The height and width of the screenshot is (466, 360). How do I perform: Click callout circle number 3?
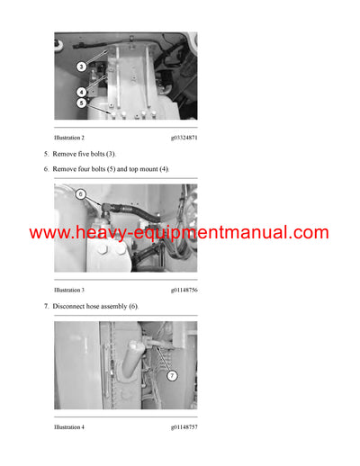80,67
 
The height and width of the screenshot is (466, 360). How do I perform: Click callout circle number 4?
80,92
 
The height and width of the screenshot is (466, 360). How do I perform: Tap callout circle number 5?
80,103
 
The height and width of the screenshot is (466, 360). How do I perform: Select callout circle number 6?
79,193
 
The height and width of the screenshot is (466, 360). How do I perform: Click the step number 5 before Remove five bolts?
46,154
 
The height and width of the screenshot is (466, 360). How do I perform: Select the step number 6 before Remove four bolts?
46,168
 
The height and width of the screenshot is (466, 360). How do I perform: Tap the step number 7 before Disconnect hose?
46,307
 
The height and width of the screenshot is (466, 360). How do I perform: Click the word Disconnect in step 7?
70,307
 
